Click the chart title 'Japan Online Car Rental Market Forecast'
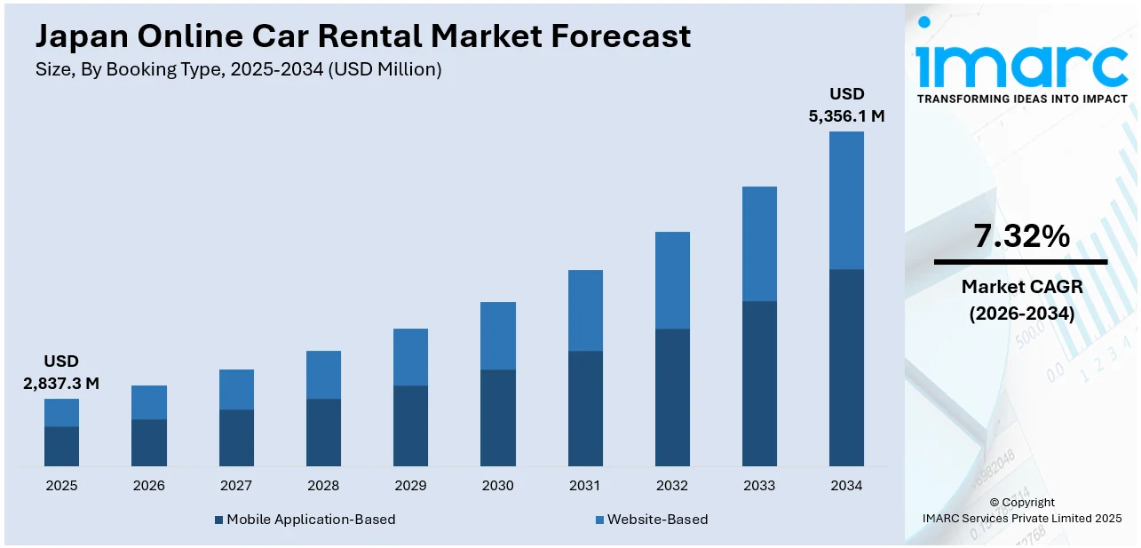pos(362,36)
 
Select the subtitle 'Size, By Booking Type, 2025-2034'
pos(237,69)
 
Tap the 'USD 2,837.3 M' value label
pos(61,373)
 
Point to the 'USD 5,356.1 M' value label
pos(846,105)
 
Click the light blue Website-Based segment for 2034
pos(846,200)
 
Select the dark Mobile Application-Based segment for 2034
pos(846,367)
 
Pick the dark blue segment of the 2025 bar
pos(61,446)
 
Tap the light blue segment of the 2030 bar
pos(497,336)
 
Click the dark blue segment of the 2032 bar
pos(672,397)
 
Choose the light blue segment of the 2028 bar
pos(323,375)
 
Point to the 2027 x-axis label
pos(236,486)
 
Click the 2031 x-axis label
pos(585,486)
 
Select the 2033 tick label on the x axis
pos(759,486)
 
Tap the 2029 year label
pos(410,486)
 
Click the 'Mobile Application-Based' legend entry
pos(310,519)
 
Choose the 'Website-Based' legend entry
pos(656,519)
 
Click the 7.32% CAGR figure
pos(1021,236)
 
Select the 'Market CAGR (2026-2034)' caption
pos(1021,300)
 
